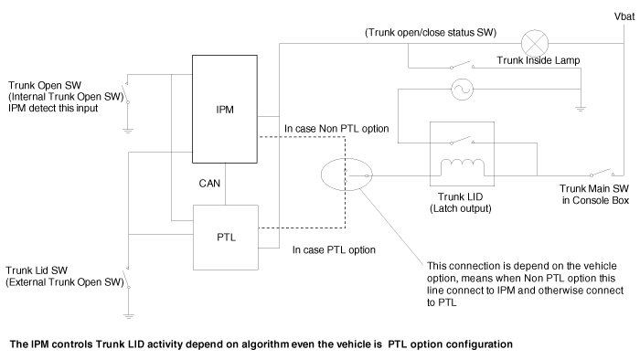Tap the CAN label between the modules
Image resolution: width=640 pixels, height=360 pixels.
coord(209,184)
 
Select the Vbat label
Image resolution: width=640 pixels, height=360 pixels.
coord(624,16)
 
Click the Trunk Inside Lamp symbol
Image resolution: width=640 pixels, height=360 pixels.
coord(535,43)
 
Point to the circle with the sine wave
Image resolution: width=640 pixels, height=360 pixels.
coord(462,90)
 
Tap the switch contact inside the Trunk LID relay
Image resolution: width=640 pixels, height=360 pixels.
coord(462,140)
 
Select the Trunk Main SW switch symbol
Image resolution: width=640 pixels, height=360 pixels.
coord(602,173)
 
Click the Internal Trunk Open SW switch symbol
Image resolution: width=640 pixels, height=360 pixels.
coord(126,93)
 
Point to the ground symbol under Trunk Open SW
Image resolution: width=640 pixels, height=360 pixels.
coord(128,131)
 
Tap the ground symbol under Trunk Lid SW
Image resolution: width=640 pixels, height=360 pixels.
coord(129,315)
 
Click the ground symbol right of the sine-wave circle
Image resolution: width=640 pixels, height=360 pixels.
coord(580,109)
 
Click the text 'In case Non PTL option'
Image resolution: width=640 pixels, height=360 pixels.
coord(336,129)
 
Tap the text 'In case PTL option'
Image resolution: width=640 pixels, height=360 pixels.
coord(334,250)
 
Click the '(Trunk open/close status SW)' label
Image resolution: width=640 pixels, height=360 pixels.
coord(431,33)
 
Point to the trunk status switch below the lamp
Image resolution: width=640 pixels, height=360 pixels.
coord(462,65)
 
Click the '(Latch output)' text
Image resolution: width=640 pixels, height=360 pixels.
coord(461,208)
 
